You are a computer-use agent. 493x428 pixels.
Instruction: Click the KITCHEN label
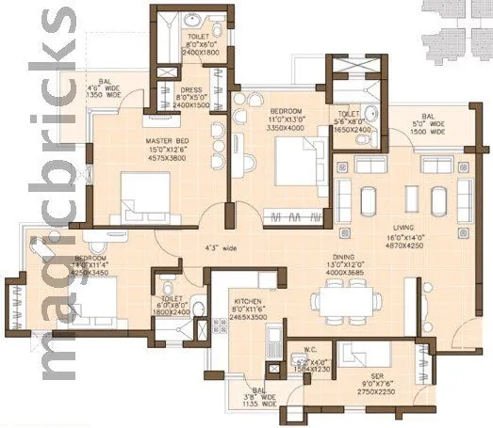(x=248, y=303)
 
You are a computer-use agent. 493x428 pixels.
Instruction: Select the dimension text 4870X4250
(x=405, y=246)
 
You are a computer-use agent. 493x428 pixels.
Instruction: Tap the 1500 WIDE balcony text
(x=434, y=132)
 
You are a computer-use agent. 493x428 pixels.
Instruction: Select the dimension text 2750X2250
(x=377, y=393)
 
